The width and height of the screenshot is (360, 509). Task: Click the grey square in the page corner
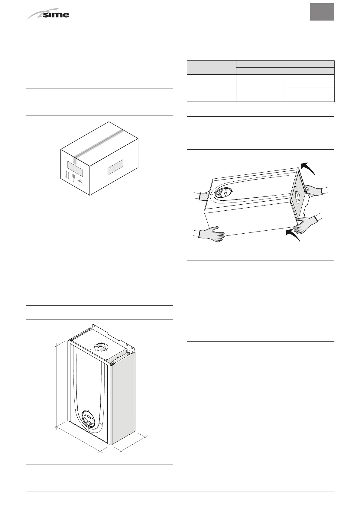point(322,12)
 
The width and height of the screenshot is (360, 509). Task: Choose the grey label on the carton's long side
point(115,167)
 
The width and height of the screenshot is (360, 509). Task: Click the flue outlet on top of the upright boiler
point(102,347)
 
